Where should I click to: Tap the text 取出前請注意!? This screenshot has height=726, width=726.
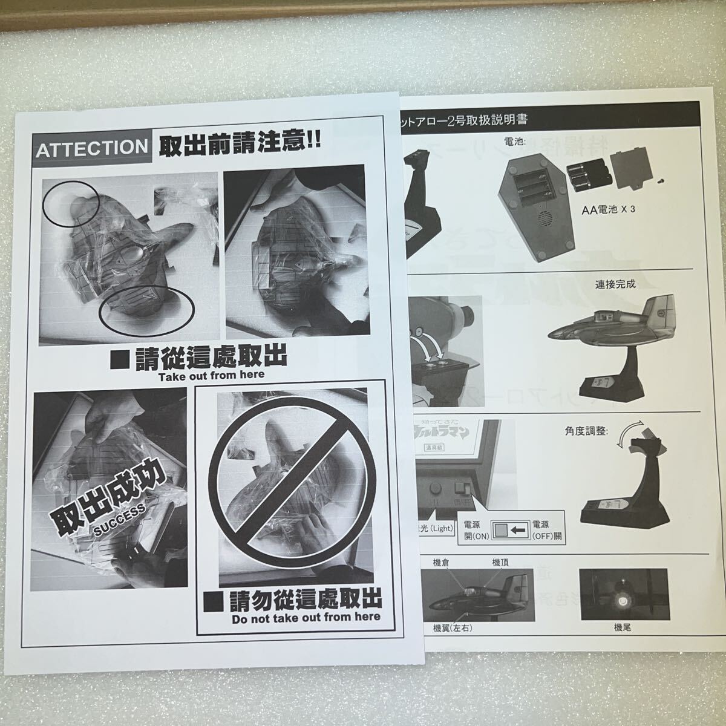239,145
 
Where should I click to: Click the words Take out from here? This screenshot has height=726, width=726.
211,375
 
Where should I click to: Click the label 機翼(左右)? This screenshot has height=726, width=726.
453,629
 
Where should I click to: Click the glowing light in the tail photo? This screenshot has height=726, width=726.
621,600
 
